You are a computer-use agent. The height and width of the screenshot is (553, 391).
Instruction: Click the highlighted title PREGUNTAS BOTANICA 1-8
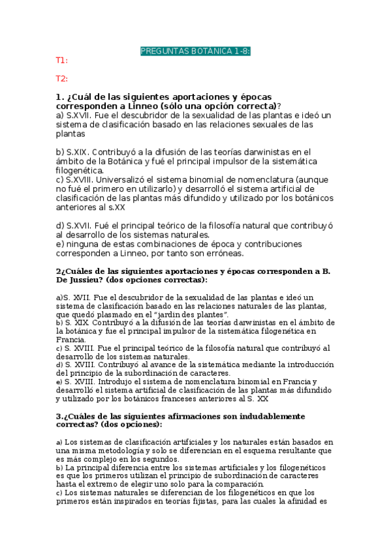click(196, 52)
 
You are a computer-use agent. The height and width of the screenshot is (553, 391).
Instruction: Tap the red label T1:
click(61, 61)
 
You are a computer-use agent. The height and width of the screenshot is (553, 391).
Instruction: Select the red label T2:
click(61, 79)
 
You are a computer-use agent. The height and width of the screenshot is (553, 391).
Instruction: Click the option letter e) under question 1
click(60, 244)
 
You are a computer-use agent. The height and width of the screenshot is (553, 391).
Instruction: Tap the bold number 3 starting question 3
click(58, 415)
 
